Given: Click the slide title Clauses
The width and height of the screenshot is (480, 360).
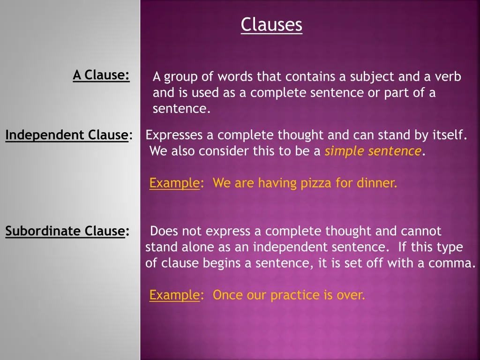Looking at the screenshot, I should (x=271, y=25).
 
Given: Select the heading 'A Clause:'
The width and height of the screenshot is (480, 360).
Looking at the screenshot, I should (x=101, y=75).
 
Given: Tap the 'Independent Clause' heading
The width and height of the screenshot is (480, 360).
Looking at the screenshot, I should (x=67, y=135).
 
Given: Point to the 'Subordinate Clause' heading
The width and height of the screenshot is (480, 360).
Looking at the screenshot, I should (x=65, y=231).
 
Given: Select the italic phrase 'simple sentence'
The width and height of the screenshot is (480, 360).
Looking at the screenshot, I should (x=373, y=151).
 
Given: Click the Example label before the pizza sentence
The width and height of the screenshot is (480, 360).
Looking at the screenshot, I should (x=174, y=183).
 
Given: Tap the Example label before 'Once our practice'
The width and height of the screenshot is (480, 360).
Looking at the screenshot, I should (x=174, y=295).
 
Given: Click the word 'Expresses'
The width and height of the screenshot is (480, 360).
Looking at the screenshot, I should (x=174, y=135).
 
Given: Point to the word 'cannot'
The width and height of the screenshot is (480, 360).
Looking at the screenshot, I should (x=421, y=231).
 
